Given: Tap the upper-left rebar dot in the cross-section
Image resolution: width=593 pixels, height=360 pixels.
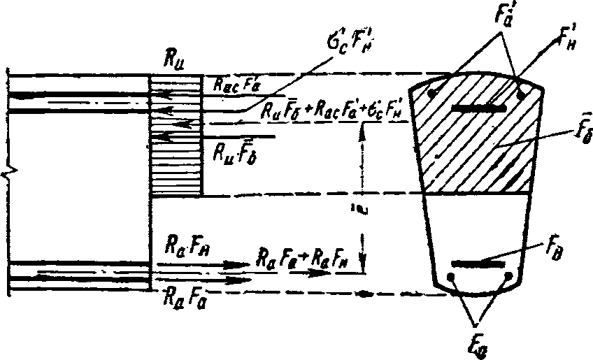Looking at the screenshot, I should pyautogui.click(x=435, y=93).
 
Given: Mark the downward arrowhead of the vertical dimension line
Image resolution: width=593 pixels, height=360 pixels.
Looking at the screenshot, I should pyautogui.click(x=362, y=261).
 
